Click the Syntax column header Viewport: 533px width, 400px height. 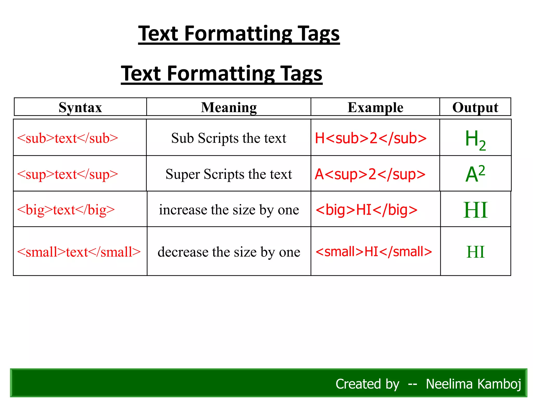point(80,107)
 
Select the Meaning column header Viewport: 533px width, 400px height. point(229,107)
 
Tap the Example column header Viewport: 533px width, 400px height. point(375,107)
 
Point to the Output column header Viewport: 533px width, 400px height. point(475,107)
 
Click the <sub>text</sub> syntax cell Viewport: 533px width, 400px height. point(68,138)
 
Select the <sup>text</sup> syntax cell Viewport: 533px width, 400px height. point(68,174)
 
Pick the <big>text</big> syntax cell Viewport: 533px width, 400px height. point(66,210)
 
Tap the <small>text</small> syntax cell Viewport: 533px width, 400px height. point(79,252)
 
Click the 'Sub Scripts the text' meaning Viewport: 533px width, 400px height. point(229,138)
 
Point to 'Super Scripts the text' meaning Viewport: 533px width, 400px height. point(229,174)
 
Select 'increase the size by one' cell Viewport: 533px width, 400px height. point(229,210)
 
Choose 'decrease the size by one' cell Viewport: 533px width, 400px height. point(229,252)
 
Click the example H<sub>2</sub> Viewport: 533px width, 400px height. point(371,138)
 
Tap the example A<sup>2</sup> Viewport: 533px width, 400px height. point(370,174)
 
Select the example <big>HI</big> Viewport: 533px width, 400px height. point(366,210)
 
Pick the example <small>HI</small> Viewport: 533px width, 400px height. point(374,252)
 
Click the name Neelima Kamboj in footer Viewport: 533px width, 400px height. point(473,384)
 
